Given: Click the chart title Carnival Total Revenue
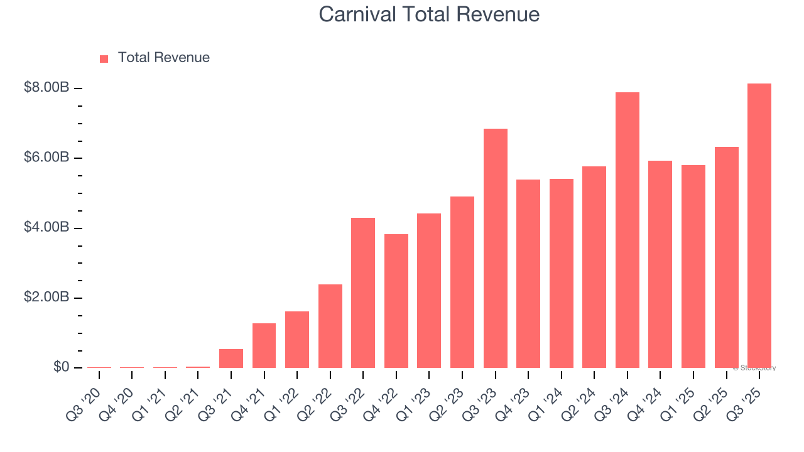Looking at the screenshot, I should [x=429, y=14].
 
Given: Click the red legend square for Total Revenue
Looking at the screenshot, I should [x=104, y=58].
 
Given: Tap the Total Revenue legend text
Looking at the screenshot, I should [x=163, y=58].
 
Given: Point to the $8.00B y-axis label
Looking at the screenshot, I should [x=46, y=88].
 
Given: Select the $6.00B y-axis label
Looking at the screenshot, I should [x=46, y=158].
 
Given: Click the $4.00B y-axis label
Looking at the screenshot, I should [x=46, y=227].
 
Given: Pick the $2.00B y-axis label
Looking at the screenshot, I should [x=46, y=297].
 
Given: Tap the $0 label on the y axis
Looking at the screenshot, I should [x=61, y=367].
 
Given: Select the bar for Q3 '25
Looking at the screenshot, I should [x=759, y=226].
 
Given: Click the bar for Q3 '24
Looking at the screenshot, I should [x=627, y=230].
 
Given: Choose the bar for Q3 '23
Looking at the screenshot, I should [x=495, y=248].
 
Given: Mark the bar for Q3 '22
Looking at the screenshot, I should [x=363, y=293].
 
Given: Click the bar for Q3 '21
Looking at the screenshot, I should [x=231, y=358].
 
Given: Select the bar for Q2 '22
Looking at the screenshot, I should [x=330, y=326].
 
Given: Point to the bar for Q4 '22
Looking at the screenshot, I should [x=396, y=301].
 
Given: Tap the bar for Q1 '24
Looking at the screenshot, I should [x=561, y=273].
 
